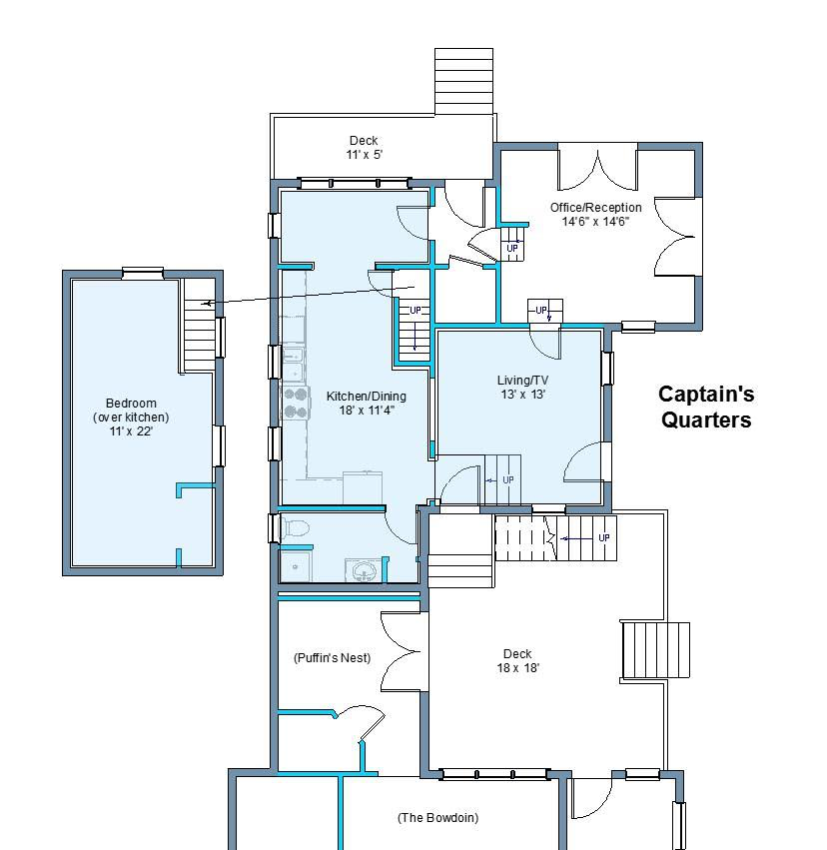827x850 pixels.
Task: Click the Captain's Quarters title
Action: pos(706,407)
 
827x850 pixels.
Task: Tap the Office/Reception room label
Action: pos(595,214)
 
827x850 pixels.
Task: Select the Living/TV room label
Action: pos(522,388)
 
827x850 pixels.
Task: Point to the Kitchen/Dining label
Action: pos(366,403)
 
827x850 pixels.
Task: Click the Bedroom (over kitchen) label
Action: pos(131,417)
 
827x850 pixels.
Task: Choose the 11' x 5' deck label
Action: pos(364,148)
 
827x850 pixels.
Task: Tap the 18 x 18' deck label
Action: pos(517,661)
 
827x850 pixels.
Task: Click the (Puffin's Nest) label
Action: pos(332,657)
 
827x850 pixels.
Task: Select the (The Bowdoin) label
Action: pos(437,817)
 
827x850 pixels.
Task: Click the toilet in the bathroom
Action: pos(295,527)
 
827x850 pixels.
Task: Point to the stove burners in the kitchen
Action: pos(296,403)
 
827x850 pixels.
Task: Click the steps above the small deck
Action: pos(463,81)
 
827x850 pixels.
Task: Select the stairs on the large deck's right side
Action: pos(655,650)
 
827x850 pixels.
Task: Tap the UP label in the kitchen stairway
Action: pos(415,310)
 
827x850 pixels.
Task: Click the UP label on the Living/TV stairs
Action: pos(508,479)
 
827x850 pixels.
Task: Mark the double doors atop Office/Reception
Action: pos(597,168)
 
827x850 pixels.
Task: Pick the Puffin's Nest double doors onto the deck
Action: pos(405,651)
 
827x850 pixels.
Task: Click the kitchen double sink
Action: pos(294,364)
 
